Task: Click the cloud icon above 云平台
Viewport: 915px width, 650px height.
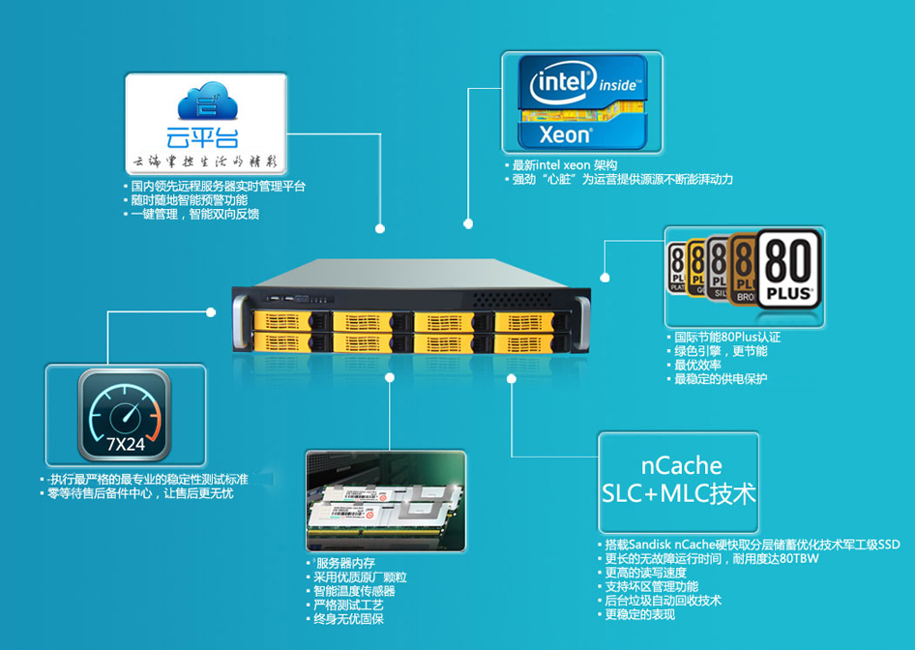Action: click(x=206, y=103)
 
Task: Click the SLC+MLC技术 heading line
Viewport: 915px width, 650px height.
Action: click(x=678, y=494)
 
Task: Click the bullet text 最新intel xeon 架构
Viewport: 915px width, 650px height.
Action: click(x=565, y=164)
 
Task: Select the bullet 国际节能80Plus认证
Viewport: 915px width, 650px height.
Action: click(x=726, y=338)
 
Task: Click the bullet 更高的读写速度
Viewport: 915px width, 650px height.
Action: click(x=650, y=572)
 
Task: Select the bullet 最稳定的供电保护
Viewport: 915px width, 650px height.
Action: click(x=721, y=378)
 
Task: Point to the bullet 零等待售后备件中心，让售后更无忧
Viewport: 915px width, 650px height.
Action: click(x=140, y=493)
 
